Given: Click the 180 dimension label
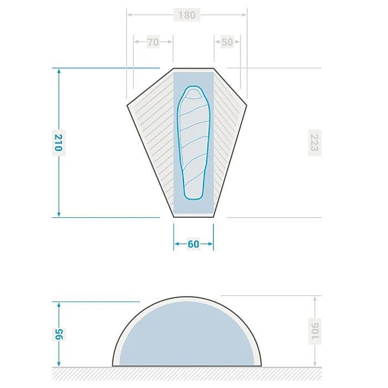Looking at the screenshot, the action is tap(187, 15).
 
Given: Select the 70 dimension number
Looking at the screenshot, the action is tap(153, 42).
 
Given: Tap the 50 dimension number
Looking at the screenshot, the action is tap(227, 42).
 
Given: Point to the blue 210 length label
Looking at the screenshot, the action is tap(59, 143).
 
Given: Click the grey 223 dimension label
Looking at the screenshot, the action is tap(314, 143).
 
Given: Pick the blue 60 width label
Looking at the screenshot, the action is tap(193, 244).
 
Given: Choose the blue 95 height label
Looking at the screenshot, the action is tap(59, 335).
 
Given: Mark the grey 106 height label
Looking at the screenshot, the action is tap(315, 331).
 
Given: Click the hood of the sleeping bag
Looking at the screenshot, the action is tap(193, 94).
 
